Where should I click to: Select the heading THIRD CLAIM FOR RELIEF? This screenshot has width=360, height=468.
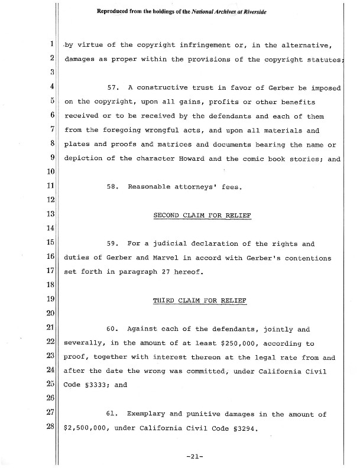tap(200, 300)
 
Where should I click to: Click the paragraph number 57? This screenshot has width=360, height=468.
tap(113, 88)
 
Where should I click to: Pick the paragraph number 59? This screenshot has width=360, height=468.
tap(113, 243)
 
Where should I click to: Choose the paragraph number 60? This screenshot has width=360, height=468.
tap(113, 329)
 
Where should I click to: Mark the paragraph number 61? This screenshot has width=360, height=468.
tap(113, 414)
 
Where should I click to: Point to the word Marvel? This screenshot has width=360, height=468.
tap(162, 258)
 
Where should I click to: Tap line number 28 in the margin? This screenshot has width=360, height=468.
tap(52, 427)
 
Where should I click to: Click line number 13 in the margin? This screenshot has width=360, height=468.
tap(52, 215)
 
